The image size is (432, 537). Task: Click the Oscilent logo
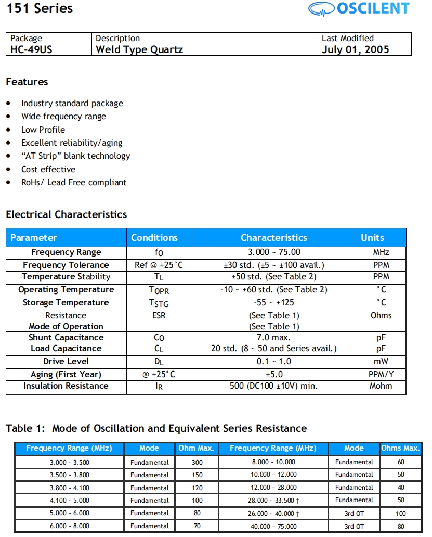[x=358, y=9]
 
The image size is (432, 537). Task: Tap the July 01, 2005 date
[x=355, y=50]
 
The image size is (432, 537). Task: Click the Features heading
[x=27, y=82]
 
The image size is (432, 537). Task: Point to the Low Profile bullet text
[x=43, y=130]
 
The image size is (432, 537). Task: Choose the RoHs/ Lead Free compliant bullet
[x=74, y=183]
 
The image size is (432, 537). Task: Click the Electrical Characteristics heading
[x=66, y=214]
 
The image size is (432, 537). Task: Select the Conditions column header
[x=154, y=238]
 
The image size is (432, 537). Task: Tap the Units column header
[x=372, y=238]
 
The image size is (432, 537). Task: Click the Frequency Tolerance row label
[x=66, y=265]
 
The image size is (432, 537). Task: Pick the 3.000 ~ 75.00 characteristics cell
[x=274, y=252]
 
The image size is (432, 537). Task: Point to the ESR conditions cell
[x=159, y=316]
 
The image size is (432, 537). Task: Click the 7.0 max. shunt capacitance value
[x=274, y=338]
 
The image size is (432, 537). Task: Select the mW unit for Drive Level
[x=381, y=362]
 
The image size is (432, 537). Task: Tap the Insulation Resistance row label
[x=66, y=386]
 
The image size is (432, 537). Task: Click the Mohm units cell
[x=381, y=386]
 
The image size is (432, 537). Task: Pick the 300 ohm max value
[x=197, y=462]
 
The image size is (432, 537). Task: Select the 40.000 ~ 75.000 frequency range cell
[x=273, y=526]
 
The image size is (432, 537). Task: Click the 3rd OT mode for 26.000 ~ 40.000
[x=354, y=514]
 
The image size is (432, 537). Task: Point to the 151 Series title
[x=40, y=9]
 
